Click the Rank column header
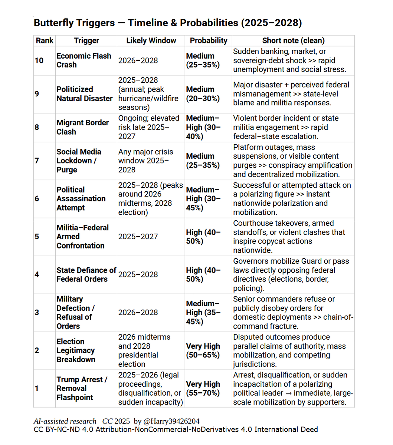(x=45, y=40)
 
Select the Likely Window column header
(x=151, y=40)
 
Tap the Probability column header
(x=209, y=40)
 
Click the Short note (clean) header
(x=293, y=40)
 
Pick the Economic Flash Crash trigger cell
(x=84, y=60)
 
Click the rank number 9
(x=37, y=94)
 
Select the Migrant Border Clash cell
(x=82, y=127)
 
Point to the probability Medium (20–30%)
(x=203, y=94)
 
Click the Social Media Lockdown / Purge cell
(x=79, y=161)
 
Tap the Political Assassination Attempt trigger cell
(x=81, y=199)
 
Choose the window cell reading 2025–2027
(x=138, y=237)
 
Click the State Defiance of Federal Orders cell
(x=86, y=274)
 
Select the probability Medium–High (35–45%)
(x=203, y=313)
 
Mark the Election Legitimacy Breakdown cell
(x=76, y=350)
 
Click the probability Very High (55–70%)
(x=203, y=389)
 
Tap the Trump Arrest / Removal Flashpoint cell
(x=82, y=389)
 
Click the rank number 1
(x=37, y=389)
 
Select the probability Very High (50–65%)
(x=203, y=350)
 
